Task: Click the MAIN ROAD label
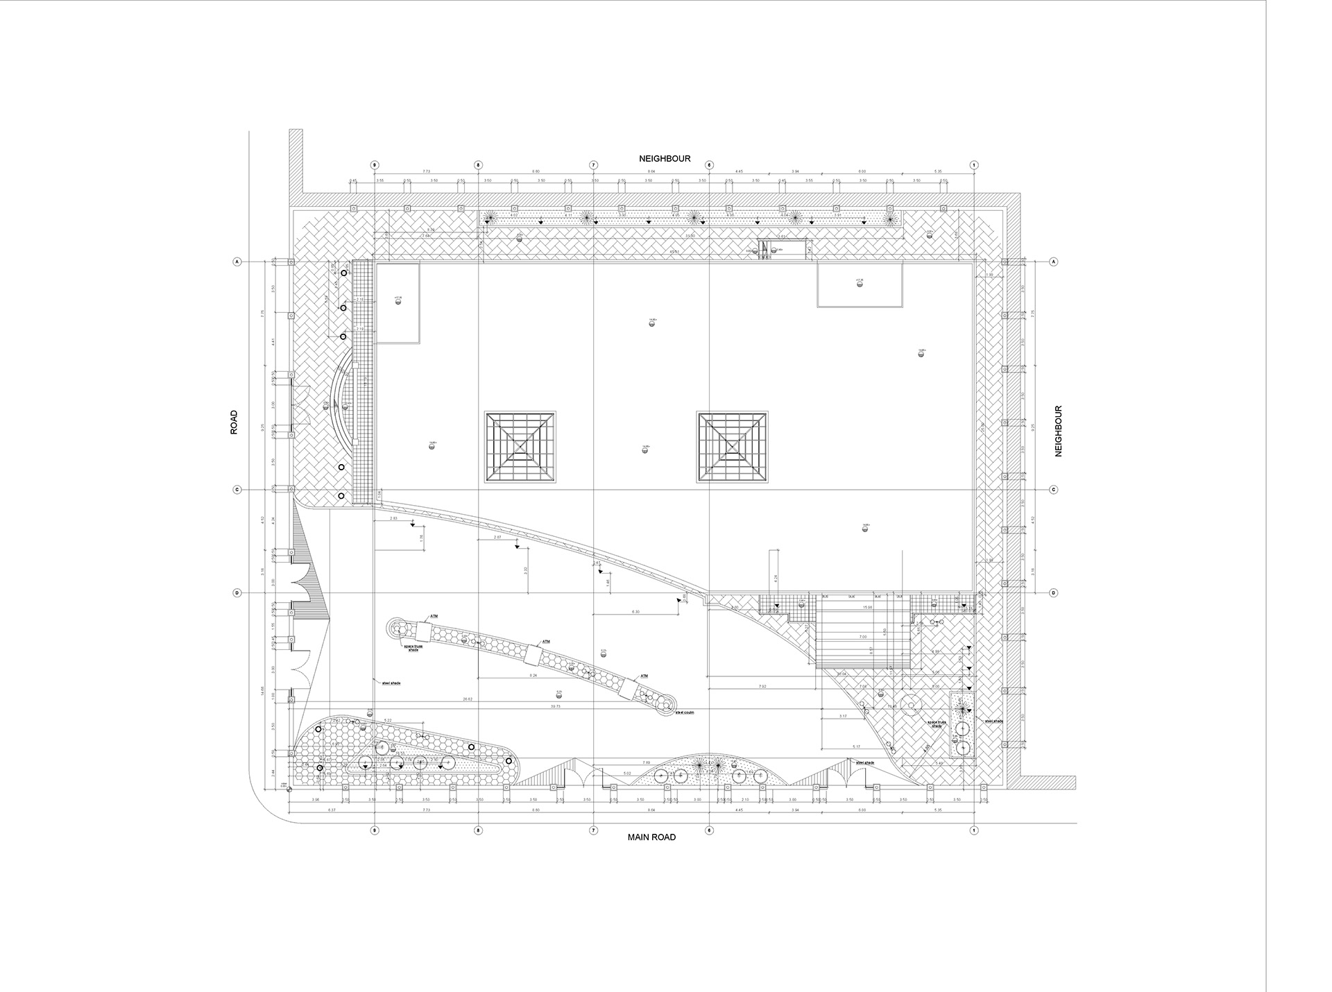(651, 837)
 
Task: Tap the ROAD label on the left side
(234, 422)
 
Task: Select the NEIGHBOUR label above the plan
(665, 159)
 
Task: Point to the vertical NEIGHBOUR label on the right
(1059, 431)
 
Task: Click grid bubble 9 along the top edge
(375, 165)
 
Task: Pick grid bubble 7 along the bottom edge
(594, 830)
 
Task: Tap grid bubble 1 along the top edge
(974, 165)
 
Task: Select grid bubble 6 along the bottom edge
(709, 830)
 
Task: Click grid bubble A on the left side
(237, 262)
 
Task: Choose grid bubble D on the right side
(1053, 593)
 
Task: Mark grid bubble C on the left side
(237, 490)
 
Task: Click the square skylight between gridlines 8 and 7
(520, 447)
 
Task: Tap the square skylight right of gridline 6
(732, 447)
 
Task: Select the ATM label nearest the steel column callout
(644, 676)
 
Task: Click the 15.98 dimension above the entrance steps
(866, 608)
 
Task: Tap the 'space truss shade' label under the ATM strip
(413, 648)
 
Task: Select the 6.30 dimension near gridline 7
(635, 612)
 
